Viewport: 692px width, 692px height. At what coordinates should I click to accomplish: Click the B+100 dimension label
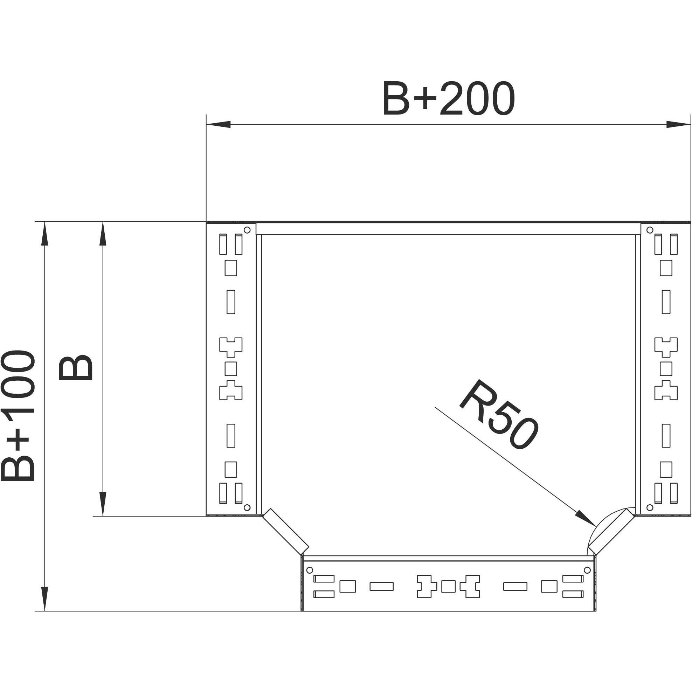tap(18, 416)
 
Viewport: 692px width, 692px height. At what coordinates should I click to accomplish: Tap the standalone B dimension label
tap(75, 368)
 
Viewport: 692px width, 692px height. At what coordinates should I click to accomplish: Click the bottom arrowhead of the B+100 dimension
tap(44, 598)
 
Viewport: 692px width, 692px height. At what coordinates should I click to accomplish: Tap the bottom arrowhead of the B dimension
tap(103, 504)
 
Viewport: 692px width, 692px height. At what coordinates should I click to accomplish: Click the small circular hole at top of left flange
tap(247, 230)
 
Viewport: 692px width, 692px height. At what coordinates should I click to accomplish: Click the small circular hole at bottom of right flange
tap(650, 507)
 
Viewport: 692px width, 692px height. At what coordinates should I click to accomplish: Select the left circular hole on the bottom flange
tap(310, 570)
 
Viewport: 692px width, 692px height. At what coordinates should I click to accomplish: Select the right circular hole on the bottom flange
tap(587, 570)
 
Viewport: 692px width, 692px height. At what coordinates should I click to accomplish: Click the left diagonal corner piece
tap(286, 535)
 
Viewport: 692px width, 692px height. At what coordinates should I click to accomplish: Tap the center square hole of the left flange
tap(231, 368)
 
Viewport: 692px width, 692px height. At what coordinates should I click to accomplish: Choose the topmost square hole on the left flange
tap(231, 268)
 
